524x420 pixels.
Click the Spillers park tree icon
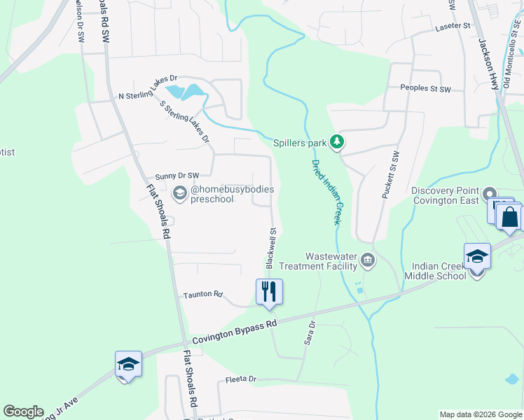pyautogui.click(x=338, y=143)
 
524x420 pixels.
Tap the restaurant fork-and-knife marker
pyautogui.click(x=269, y=291)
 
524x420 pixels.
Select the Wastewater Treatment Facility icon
pyautogui.click(x=368, y=262)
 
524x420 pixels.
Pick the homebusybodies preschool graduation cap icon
pyautogui.click(x=180, y=193)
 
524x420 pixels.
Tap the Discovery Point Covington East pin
pyautogui.click(x=490, y=194)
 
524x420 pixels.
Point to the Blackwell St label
pyautogui.click(x=272, y=247)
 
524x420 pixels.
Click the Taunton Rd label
pyautogui.click(x=202, y=295)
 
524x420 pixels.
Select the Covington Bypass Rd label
pyautogui.click(x=235, y=330)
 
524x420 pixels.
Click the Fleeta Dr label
pyautogui.click(x=241, y=379)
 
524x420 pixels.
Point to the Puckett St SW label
pyautogui.click(x=390, y=175)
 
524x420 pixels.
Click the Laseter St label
pyautogui.click(x=453, y=26)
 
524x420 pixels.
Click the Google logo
pyautogui.click(x=23, y=412)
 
